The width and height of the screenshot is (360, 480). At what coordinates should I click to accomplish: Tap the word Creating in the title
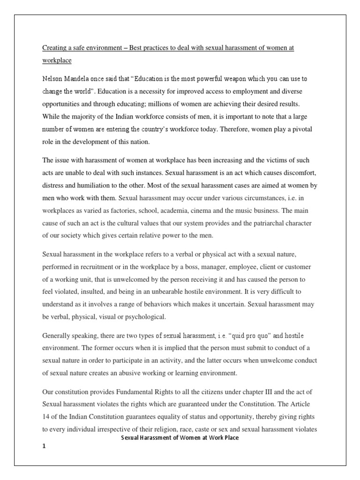click(55, 48)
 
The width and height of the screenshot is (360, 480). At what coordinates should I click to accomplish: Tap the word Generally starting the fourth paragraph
click(58, 336)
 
